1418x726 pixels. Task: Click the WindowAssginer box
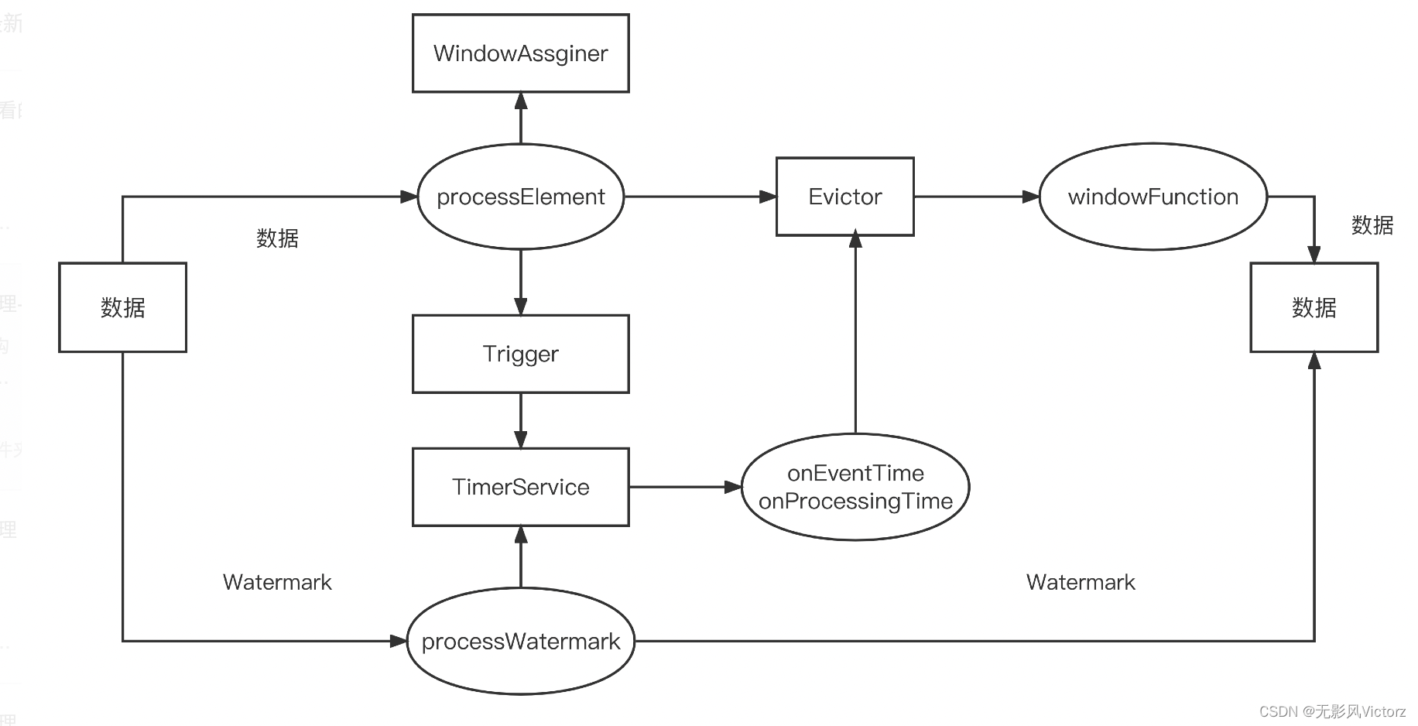[x=520, y=53]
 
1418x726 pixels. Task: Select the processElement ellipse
[x=520, y=197]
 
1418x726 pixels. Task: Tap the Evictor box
[x=844, y=197]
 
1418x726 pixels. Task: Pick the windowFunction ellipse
[x=1153, y=197]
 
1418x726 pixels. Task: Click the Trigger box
[x=520, y=354]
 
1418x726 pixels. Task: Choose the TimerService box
[x=520, y=487]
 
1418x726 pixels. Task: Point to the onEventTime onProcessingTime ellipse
[x=855, y=487]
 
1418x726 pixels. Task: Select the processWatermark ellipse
[x=520, y=641]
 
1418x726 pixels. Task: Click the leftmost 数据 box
[x=122, y=307]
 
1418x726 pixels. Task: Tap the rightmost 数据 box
[x=1314, y=307]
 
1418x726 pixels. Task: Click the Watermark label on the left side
[x=277, y=582]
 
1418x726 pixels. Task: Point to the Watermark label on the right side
[x=1081, y=582]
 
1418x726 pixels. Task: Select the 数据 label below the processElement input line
[x=277, y=238]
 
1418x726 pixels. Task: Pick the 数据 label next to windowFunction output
[x=1372, y=225]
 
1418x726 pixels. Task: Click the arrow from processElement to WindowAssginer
[x=521, y=118]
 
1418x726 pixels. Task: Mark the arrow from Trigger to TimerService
[x=521, y=420]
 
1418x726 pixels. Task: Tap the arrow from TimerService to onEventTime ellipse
[x=685, y=487]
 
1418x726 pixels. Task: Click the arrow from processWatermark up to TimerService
[x=521, y=557]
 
